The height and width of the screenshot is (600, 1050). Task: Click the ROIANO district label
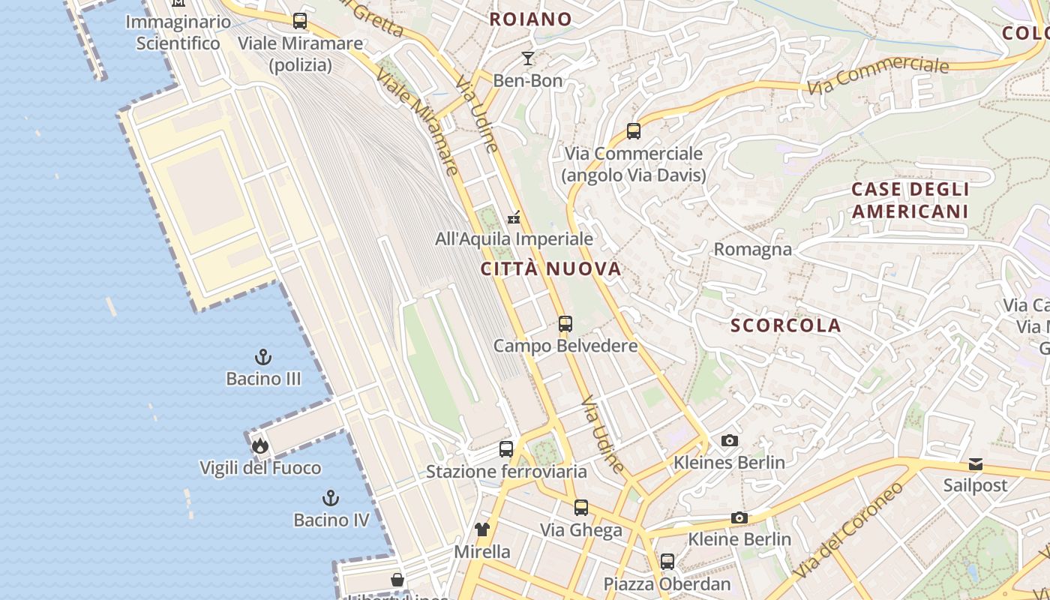click(530, 19)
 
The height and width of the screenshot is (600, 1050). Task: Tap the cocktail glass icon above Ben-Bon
click(528, 58)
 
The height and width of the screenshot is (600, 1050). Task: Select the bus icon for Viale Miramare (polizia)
click(300, 21)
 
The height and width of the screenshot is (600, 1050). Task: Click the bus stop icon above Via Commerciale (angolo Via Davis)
click(634, 131)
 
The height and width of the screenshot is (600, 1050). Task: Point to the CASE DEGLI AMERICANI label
click(910, 200)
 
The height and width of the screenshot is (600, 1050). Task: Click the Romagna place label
click(752, 249)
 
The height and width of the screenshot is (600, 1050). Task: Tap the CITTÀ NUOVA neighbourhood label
click(551, 269)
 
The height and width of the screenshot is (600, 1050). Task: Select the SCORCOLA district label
click(786, 325)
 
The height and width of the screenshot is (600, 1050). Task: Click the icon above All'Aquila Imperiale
click(514, 217)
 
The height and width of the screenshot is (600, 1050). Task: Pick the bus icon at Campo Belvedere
click(565, 324)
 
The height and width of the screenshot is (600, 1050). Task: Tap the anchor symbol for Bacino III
click(263, 357)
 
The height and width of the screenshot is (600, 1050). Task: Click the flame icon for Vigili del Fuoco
click(260, 446)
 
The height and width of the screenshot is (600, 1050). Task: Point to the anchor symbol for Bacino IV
click(331, 498)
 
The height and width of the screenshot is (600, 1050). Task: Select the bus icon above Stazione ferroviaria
click(506, 449)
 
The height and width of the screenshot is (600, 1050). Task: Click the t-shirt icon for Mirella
click(482, 529)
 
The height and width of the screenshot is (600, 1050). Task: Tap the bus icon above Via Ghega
click(581, 508)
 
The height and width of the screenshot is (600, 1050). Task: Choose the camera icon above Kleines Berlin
click(729, 440)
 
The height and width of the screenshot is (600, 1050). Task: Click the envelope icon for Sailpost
click(975, 464)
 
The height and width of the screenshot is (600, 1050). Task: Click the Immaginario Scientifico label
click(178, 32)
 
